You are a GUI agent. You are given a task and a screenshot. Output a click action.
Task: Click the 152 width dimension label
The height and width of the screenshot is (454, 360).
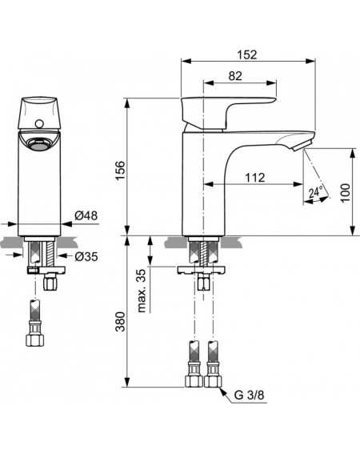tap(247, 54)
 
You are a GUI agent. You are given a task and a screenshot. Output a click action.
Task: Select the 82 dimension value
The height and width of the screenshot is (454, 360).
tap(235, 76)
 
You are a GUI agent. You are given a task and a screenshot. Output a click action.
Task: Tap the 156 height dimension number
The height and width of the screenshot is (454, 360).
tap(120, 171)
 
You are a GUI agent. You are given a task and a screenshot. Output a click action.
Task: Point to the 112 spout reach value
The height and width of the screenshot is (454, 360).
tap(255, 178)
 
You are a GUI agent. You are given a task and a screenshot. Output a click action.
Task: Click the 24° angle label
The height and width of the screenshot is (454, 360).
tap(315, 192)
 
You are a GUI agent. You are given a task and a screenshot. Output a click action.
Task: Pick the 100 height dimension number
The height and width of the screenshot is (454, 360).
tap(345, 193)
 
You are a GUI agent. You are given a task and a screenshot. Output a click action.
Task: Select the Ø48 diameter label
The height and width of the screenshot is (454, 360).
tap(86, 215)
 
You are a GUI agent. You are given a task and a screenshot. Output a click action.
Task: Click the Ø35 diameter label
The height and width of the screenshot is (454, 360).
tap(86, 256)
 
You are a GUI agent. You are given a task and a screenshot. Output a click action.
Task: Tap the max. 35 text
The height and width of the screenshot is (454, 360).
tap(141, 291)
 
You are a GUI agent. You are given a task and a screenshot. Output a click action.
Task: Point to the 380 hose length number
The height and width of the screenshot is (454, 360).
tap(120, 321)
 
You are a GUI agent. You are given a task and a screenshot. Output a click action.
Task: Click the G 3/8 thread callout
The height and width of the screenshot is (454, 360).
tap(249, 395)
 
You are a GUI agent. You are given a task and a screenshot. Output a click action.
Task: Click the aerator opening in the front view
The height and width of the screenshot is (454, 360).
tap(39, 144)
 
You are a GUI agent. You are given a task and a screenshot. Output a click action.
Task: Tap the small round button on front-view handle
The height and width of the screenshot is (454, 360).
tap(38, 124)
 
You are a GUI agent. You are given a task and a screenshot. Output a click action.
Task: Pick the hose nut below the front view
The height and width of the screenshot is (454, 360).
tap(34, 340)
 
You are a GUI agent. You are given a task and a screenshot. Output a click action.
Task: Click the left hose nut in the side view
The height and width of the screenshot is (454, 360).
tap(194, 381)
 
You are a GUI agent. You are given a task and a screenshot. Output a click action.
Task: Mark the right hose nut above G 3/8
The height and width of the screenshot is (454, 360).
tap(213, 381)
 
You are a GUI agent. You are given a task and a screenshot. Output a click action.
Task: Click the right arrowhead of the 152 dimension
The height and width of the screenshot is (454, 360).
tap(311, 61)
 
